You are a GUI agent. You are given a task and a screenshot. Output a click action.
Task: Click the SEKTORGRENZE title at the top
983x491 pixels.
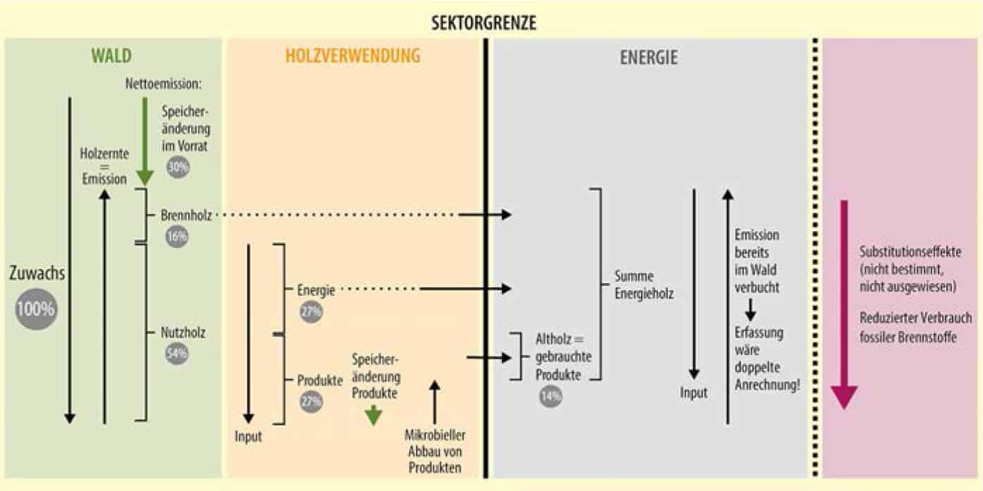pos(484,23)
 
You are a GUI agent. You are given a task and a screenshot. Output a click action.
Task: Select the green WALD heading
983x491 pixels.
pos(111,56)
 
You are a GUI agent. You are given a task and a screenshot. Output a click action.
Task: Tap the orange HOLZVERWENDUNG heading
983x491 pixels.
pos(353,56)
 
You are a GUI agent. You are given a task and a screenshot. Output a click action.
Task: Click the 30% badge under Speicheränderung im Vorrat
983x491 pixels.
pos(178,166)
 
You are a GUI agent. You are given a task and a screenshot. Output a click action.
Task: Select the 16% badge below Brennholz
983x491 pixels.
pos(178,236)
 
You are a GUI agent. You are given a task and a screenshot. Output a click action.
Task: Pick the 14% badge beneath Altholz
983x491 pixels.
pos(550,396)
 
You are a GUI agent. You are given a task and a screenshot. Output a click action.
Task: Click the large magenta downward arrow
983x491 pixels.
pos(843,303)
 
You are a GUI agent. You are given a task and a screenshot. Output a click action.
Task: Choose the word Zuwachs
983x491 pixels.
pos(37,273)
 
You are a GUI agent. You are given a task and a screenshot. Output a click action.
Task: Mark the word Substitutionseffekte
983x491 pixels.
pos(911,252)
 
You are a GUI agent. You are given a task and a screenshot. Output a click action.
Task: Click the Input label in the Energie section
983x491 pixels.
pos(693,392)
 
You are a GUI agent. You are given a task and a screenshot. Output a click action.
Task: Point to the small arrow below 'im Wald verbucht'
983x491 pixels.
pos(751,308)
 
